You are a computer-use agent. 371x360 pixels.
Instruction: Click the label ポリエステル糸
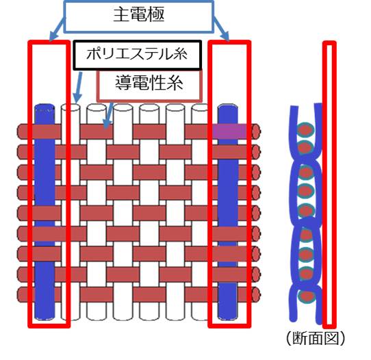(x=137, y=54)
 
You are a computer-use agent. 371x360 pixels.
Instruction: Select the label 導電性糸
(x=149, y=83)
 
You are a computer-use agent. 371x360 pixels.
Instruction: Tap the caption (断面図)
(x=316, y=339)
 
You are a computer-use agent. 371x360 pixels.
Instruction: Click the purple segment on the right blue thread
(x=230, y=130)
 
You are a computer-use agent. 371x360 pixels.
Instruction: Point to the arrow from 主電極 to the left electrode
(x=57, y=29)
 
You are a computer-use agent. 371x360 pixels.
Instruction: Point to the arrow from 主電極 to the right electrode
(x=222, y=29)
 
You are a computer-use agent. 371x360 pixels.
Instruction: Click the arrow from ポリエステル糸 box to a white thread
(x=78, y=88)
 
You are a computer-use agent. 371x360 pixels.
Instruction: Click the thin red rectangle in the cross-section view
(x=330, y=185)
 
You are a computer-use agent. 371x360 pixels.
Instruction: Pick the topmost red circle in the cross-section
(x=305, y=130)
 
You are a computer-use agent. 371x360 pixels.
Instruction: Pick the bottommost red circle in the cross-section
(x=305, y=296)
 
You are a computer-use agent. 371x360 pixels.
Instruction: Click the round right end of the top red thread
(x=256, y=131)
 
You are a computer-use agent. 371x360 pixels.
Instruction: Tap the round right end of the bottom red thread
(x=256, y=294)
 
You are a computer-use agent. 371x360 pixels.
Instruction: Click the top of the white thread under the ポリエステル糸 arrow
(x=71, y=107)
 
